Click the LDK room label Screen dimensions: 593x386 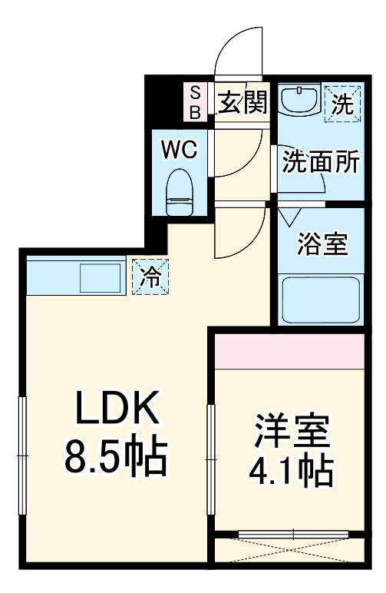tap(117, 412)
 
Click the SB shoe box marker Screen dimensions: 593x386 tap(195, 102)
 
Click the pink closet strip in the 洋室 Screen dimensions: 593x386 tap(288, 350)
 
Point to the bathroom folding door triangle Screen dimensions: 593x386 tap(290, 217)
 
